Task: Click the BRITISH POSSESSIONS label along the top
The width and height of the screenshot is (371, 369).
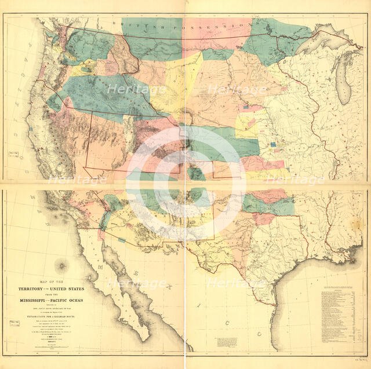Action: coord(183,25)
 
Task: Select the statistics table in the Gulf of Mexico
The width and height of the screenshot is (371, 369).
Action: coord(342,319)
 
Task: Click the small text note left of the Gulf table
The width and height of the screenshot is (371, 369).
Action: coord(224,342)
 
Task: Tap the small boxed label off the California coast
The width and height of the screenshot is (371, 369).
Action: coord(12,154)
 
